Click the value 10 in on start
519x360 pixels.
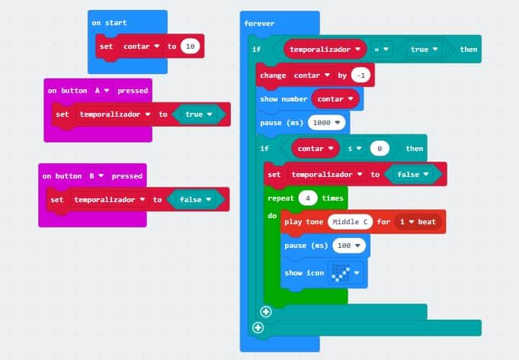click(191, 47)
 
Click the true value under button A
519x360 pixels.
click(198, 114)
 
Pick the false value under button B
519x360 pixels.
click(196, 200)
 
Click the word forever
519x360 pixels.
click(259, 24)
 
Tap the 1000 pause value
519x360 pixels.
click(326, 121)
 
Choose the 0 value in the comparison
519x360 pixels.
click(380, 148)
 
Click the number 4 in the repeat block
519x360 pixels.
click(308, 198)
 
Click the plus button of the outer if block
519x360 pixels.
click(258, 328)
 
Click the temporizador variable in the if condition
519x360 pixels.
click(323, 49)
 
